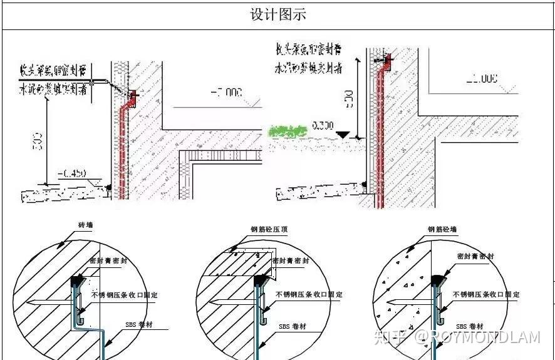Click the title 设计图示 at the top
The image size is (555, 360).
pyautogui.click(x=278, y=14)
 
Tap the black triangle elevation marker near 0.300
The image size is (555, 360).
pyautogui.click(x=341, y=133)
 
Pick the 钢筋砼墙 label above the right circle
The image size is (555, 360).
pyautogui.click(x=442, y=230)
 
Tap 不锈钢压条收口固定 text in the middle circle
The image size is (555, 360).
pyautogui.click(x=309, y=294)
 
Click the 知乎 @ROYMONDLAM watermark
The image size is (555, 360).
pyautogui.click(x=456, y=337)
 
